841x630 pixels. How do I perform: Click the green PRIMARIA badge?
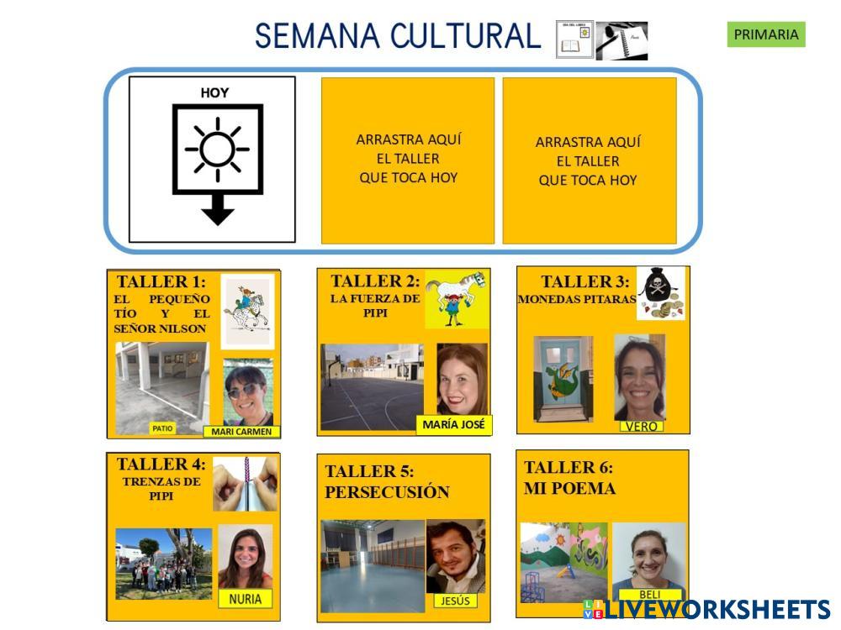click(x=765, y=34)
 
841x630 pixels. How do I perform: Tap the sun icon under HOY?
click(x=217, y=149)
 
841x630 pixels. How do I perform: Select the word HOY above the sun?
click(x=214, y=93)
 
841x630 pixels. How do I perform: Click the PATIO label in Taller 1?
click(x=162, y=428)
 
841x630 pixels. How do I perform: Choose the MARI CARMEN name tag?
click(x=242, y=432)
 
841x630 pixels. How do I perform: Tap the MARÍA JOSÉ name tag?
click(x=454, y=424)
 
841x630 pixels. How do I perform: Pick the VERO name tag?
click(x=641, y=426)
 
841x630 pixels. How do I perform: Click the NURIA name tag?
click(x=245, y=599)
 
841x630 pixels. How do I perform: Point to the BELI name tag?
click(x=649, y=595)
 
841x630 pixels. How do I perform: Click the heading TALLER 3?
click(x=584, y=281)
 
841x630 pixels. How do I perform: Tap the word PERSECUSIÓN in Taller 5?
click(x=387, y=492)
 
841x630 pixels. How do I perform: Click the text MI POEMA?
click(x=570, y=488)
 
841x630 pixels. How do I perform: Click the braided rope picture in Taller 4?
click(x=245, y=484)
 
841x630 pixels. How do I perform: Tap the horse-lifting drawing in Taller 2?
click(x=456, y=298)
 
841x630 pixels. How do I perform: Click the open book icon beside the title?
click(x=574, y=40)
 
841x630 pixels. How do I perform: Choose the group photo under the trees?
click(x=163, y=564)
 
